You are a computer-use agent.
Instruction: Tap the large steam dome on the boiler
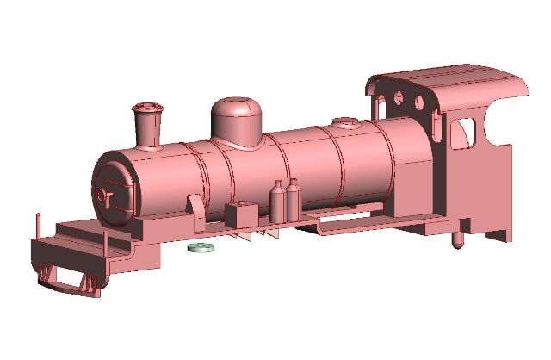[238, 121]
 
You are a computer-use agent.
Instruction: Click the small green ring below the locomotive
[201, 248]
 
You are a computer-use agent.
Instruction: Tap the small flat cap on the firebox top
[344, 122]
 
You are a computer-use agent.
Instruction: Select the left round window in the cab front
[400, 96]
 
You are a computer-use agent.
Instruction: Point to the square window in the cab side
[462, 132]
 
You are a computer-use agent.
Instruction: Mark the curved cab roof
[448, 84]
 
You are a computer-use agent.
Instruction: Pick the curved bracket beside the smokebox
[191, 207]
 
